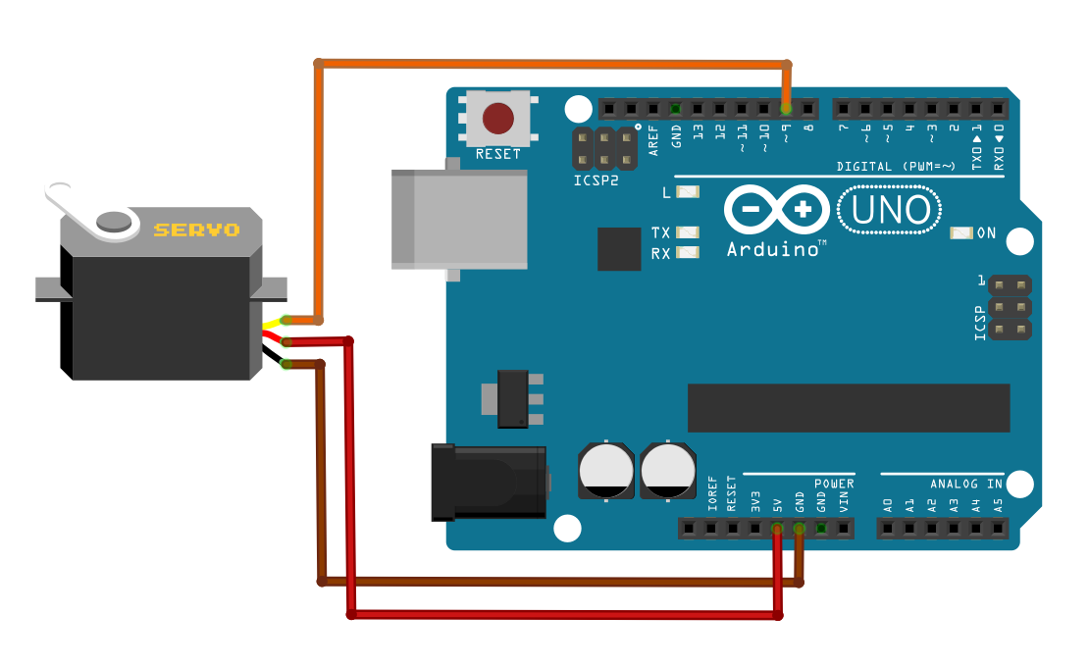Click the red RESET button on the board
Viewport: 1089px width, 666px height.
[x=498, y=119]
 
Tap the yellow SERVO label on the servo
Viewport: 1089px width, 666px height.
[x=196, y=231]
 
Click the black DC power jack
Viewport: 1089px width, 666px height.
[x=489, y=482]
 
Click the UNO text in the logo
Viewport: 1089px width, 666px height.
[x=891, y=210]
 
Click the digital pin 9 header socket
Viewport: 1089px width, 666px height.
[x=786, y=108]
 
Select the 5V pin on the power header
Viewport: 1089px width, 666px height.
[x=777, y=530]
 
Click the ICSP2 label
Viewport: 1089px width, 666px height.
[x=597, y=181]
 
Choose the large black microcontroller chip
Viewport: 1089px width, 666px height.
[x=848, y=408]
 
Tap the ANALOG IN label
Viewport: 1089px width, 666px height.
[x=966, y=484]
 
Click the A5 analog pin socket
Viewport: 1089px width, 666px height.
[x=998, y=530]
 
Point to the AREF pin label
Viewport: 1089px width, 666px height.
[x=654, y=143]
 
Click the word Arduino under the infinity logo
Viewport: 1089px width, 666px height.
[x=773, y=250]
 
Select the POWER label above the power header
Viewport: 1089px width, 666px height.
[x=834, y=484]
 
